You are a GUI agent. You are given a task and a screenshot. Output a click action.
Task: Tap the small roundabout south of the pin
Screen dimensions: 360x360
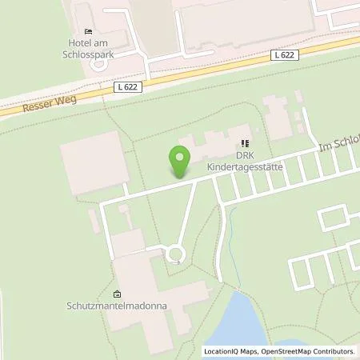coord(174,255)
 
